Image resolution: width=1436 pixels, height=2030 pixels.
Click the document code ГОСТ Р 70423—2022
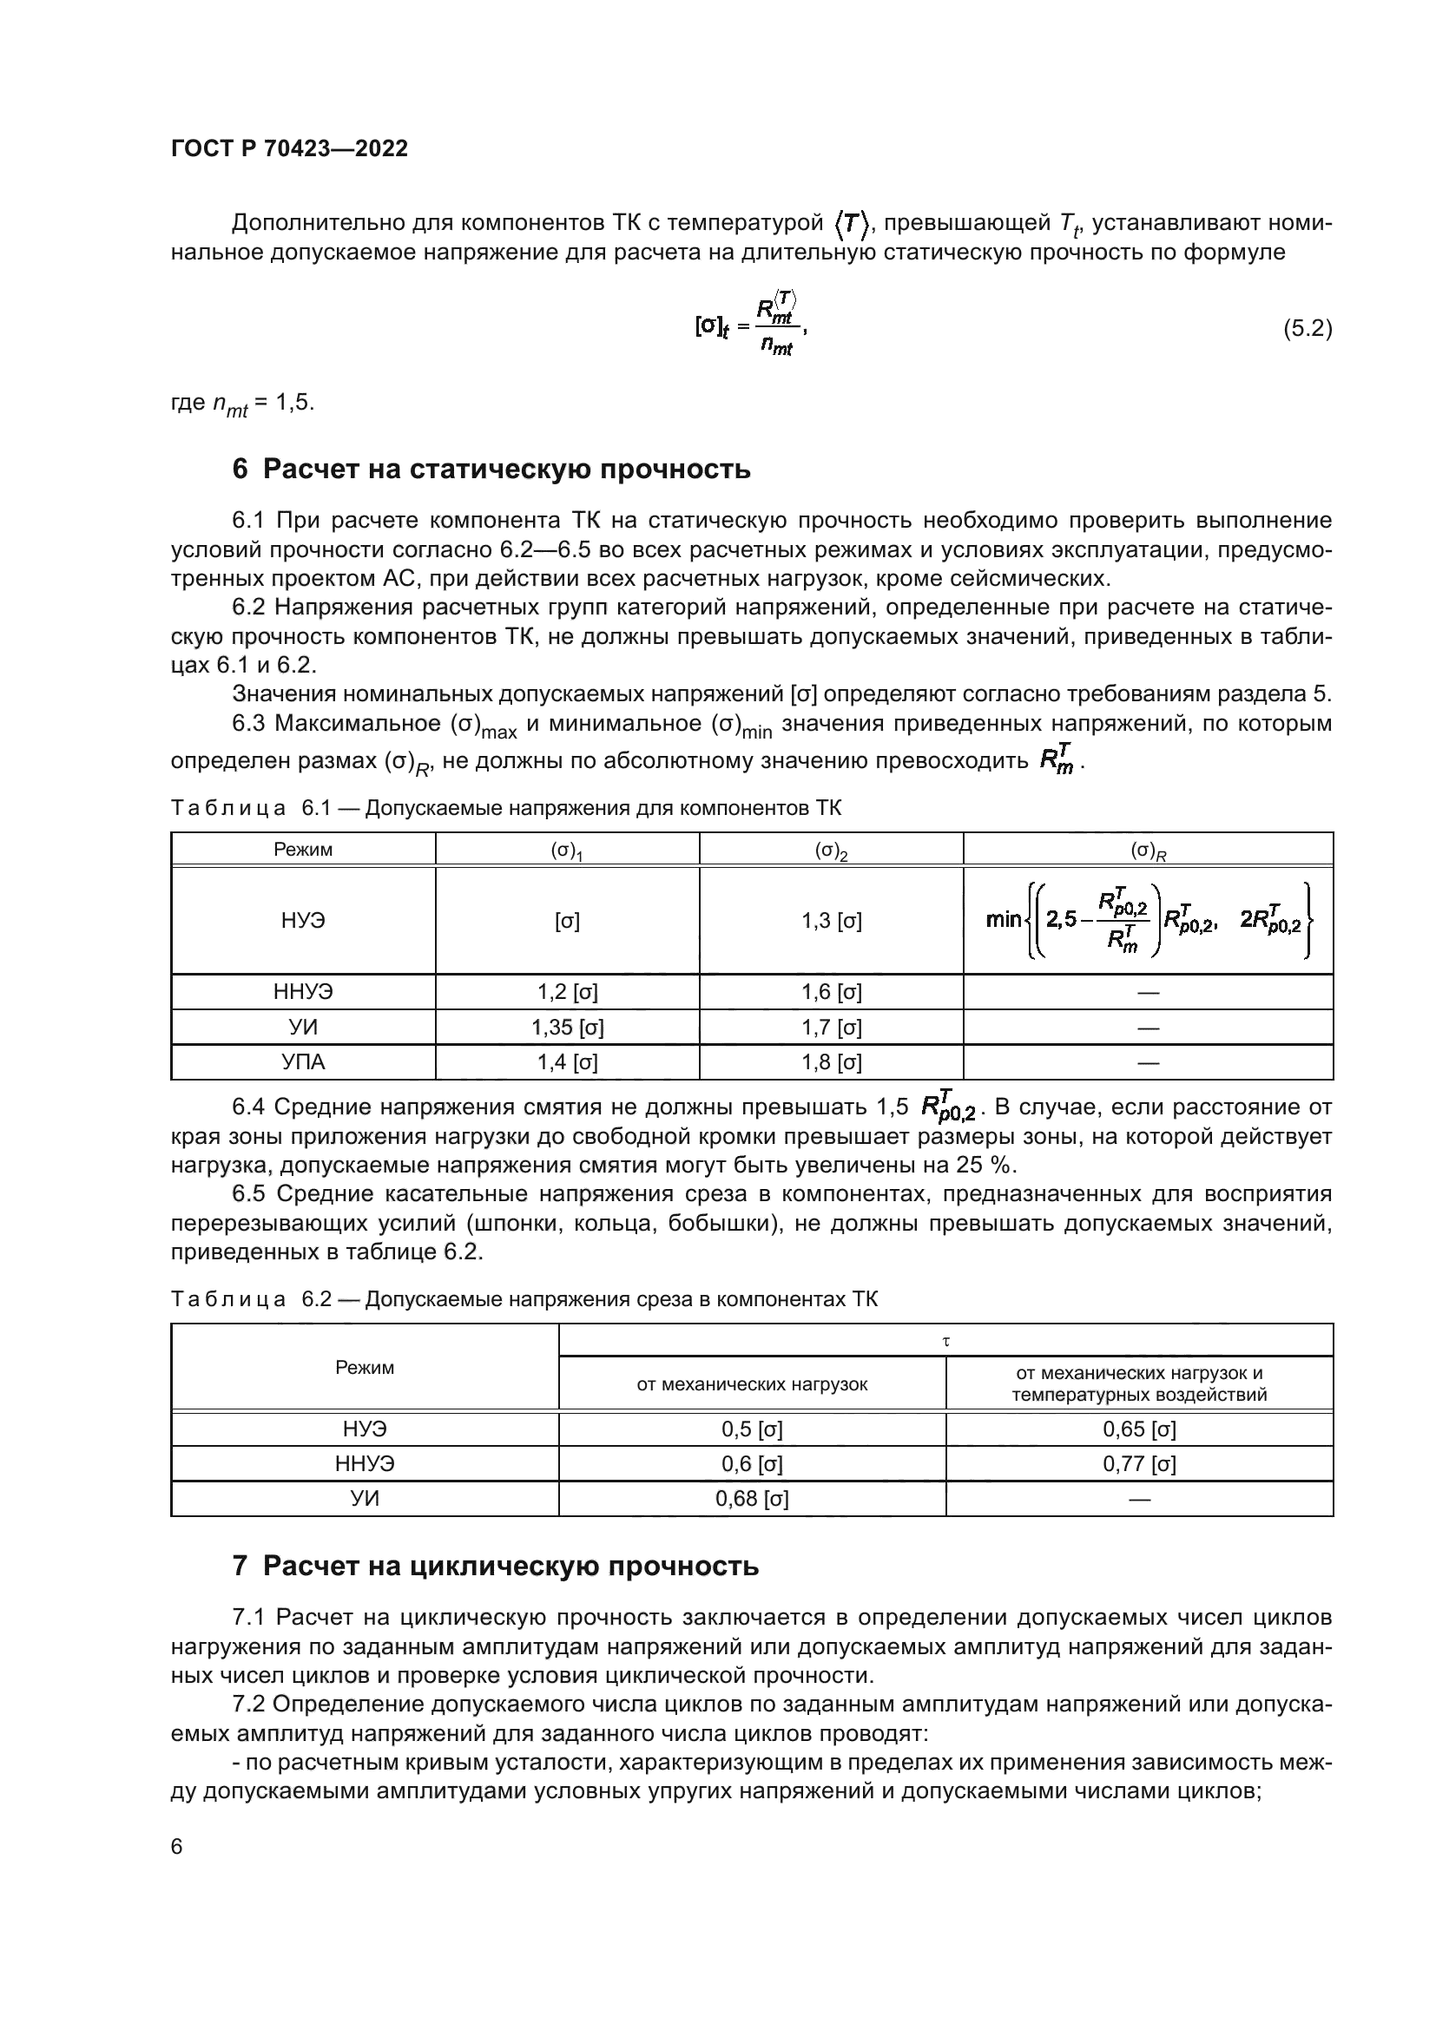(x=289, y=148)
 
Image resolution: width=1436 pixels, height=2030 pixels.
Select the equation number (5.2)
(x=1307, y=329)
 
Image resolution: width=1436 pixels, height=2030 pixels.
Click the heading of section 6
(x=491, y=469)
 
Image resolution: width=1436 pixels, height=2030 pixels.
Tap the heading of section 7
(x=495, y=1566)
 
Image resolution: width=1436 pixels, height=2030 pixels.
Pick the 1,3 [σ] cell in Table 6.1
(x=831, y=922)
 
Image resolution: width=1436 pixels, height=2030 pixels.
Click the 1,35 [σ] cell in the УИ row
(x=568, y=1028)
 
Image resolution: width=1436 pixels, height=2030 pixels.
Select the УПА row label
(x=303, y=1061)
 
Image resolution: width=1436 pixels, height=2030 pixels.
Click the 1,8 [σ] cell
(x=831, y=1061)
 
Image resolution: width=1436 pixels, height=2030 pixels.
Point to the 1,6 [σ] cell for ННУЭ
(x=831, y=992)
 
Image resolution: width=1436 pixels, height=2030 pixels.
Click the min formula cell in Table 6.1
(x=1148, y=922)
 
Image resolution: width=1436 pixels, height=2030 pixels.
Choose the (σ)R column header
(x=1148, y=851)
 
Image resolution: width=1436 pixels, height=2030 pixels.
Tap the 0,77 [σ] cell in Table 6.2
(x=1139, y=1464)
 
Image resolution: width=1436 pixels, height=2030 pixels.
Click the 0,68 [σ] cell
(x=752, y=1499)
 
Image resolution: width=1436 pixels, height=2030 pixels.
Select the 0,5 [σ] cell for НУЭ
(x=752, y=1429)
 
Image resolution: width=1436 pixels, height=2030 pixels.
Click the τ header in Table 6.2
(x=945, y=1341)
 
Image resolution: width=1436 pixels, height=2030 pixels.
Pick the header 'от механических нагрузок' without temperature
(x=752, y=1384)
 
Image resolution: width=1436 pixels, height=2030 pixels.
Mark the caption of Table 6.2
(x=524, y=1299)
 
